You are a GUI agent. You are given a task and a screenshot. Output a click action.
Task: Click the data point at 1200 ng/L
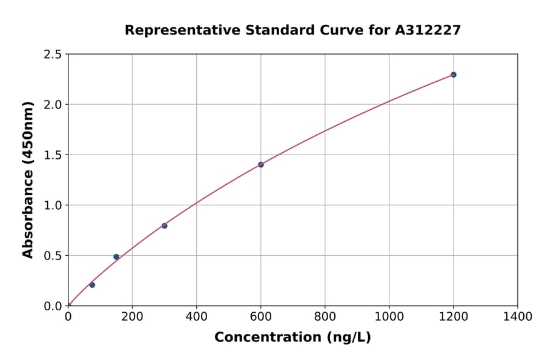[x=453, y=75]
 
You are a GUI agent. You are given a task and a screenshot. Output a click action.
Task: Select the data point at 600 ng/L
[x=260, y=165]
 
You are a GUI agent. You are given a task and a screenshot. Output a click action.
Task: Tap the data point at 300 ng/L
[x=164, y=225]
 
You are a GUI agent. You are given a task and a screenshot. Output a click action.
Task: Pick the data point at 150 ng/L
[x=116, y=257]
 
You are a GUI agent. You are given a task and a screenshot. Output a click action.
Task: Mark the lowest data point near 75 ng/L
[x=92, y=285]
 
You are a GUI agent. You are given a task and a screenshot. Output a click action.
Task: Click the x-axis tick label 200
[x=132, y=316]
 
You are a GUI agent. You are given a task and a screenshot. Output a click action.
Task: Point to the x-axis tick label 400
[x=196, y=316]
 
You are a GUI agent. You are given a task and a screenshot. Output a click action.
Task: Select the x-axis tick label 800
[x=325, y=316]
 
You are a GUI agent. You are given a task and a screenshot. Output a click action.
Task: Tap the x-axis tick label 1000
[x=389, y=316]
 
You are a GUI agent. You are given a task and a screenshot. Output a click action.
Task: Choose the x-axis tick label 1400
[x=517, y=316]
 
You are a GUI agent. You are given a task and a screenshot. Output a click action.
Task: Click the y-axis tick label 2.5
[x=53, y=55]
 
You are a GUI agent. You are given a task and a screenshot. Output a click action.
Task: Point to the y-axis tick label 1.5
[x=53, y=155]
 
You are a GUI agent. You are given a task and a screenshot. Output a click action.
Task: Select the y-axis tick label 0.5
[x=53, y=256]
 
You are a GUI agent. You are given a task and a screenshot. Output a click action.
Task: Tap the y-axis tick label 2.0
[x=53, y=105]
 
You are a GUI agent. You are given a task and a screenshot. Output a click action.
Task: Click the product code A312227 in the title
[x=428, y=30]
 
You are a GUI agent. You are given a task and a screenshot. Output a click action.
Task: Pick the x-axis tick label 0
[x=68, y=316]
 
